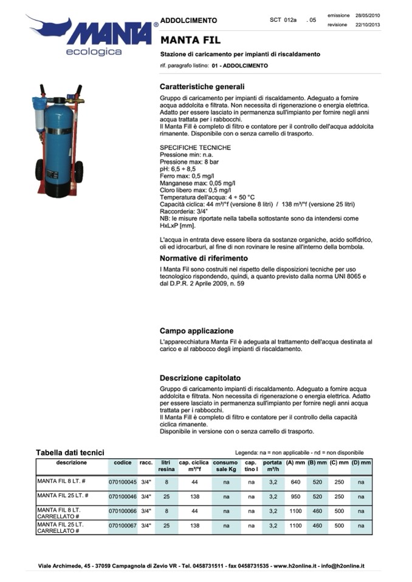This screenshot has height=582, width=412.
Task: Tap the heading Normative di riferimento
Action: pos(204,258)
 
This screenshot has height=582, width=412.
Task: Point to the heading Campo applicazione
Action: pos(196,331)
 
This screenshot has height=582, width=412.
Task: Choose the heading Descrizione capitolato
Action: pos(201,377)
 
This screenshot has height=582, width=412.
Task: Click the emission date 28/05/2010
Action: pos(368,15)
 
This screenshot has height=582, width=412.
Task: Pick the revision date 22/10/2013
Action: pos(368,25)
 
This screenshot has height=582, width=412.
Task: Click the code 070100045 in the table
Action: pos(122,482)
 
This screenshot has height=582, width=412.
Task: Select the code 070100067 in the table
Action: pos(122,526)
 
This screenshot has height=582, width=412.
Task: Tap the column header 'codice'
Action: pos(122,462)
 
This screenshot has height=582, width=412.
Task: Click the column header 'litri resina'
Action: pos(166,466)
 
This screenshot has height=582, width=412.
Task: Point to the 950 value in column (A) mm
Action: pos(296,496)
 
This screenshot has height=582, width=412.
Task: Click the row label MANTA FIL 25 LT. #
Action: pos(61,496)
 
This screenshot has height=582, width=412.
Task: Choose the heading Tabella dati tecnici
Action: pos(70,452)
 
